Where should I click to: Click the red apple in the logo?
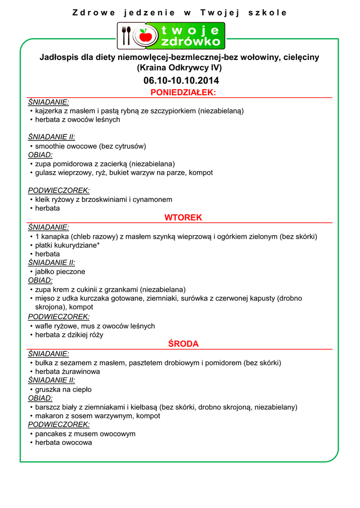(x=145, y=36)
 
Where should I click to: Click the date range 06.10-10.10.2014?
(x=181, y=81)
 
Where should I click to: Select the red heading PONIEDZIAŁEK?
(x=183, y=93)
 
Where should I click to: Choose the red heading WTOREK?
(x=183, y=218)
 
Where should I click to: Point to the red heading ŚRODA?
(x=183, y=344)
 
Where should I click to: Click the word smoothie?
(x=49, y=146)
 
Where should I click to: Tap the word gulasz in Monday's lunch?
(x=45, y=173)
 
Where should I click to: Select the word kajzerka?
(x=50, y=111)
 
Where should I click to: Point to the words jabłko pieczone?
(x=60, y=272)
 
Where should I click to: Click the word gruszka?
(x=48, y=389)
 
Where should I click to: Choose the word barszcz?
(x=48, y=407)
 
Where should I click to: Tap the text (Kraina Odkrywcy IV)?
(x=179, y=67)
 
